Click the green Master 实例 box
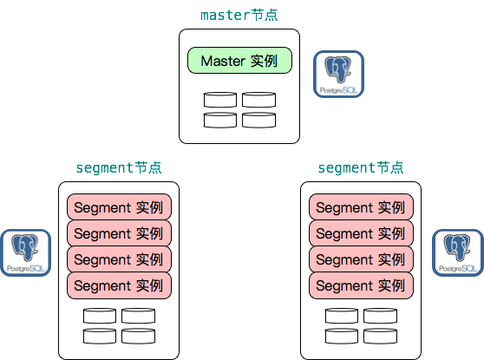click(x=239, y=62)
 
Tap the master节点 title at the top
click(x=239, y=16)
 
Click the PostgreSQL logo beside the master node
click(x=338, y=74)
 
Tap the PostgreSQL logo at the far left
click(x=25, y=253)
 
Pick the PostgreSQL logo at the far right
click(x=457, y=253)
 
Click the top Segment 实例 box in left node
click(x=119, y=208)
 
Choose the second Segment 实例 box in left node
click(x=119, y=233)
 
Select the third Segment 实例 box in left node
click(x=119, y=259)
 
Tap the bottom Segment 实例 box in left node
click(x=119, y=285)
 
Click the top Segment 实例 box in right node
click(x=360, y=208)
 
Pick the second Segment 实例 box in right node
click(x=360, y=233)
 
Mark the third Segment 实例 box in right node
click(x=360, y=259)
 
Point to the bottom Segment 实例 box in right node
click(x=360, y=285)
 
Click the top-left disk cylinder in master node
click(x=220, y=101)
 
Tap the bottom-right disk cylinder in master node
click(x=258, y=120)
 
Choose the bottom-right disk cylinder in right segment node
click(x=380, y=336)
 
